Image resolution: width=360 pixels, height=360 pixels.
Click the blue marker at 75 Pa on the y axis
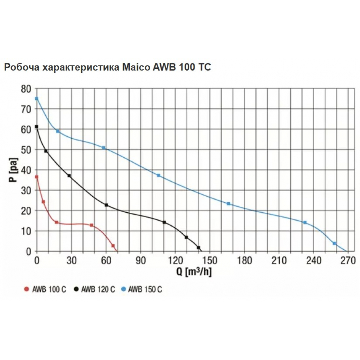point(36,98)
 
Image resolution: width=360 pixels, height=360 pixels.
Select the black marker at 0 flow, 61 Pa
point(36,127)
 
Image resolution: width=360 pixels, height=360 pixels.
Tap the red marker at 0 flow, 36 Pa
point(36,177)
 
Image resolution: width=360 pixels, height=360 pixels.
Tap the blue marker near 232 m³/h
point(305,222)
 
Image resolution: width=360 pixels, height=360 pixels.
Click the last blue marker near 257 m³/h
point(334,244)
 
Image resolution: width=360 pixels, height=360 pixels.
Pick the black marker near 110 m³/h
point(165,222)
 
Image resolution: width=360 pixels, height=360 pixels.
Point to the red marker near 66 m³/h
point(113,246)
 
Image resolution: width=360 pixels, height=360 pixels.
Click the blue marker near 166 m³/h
point(228,204)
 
